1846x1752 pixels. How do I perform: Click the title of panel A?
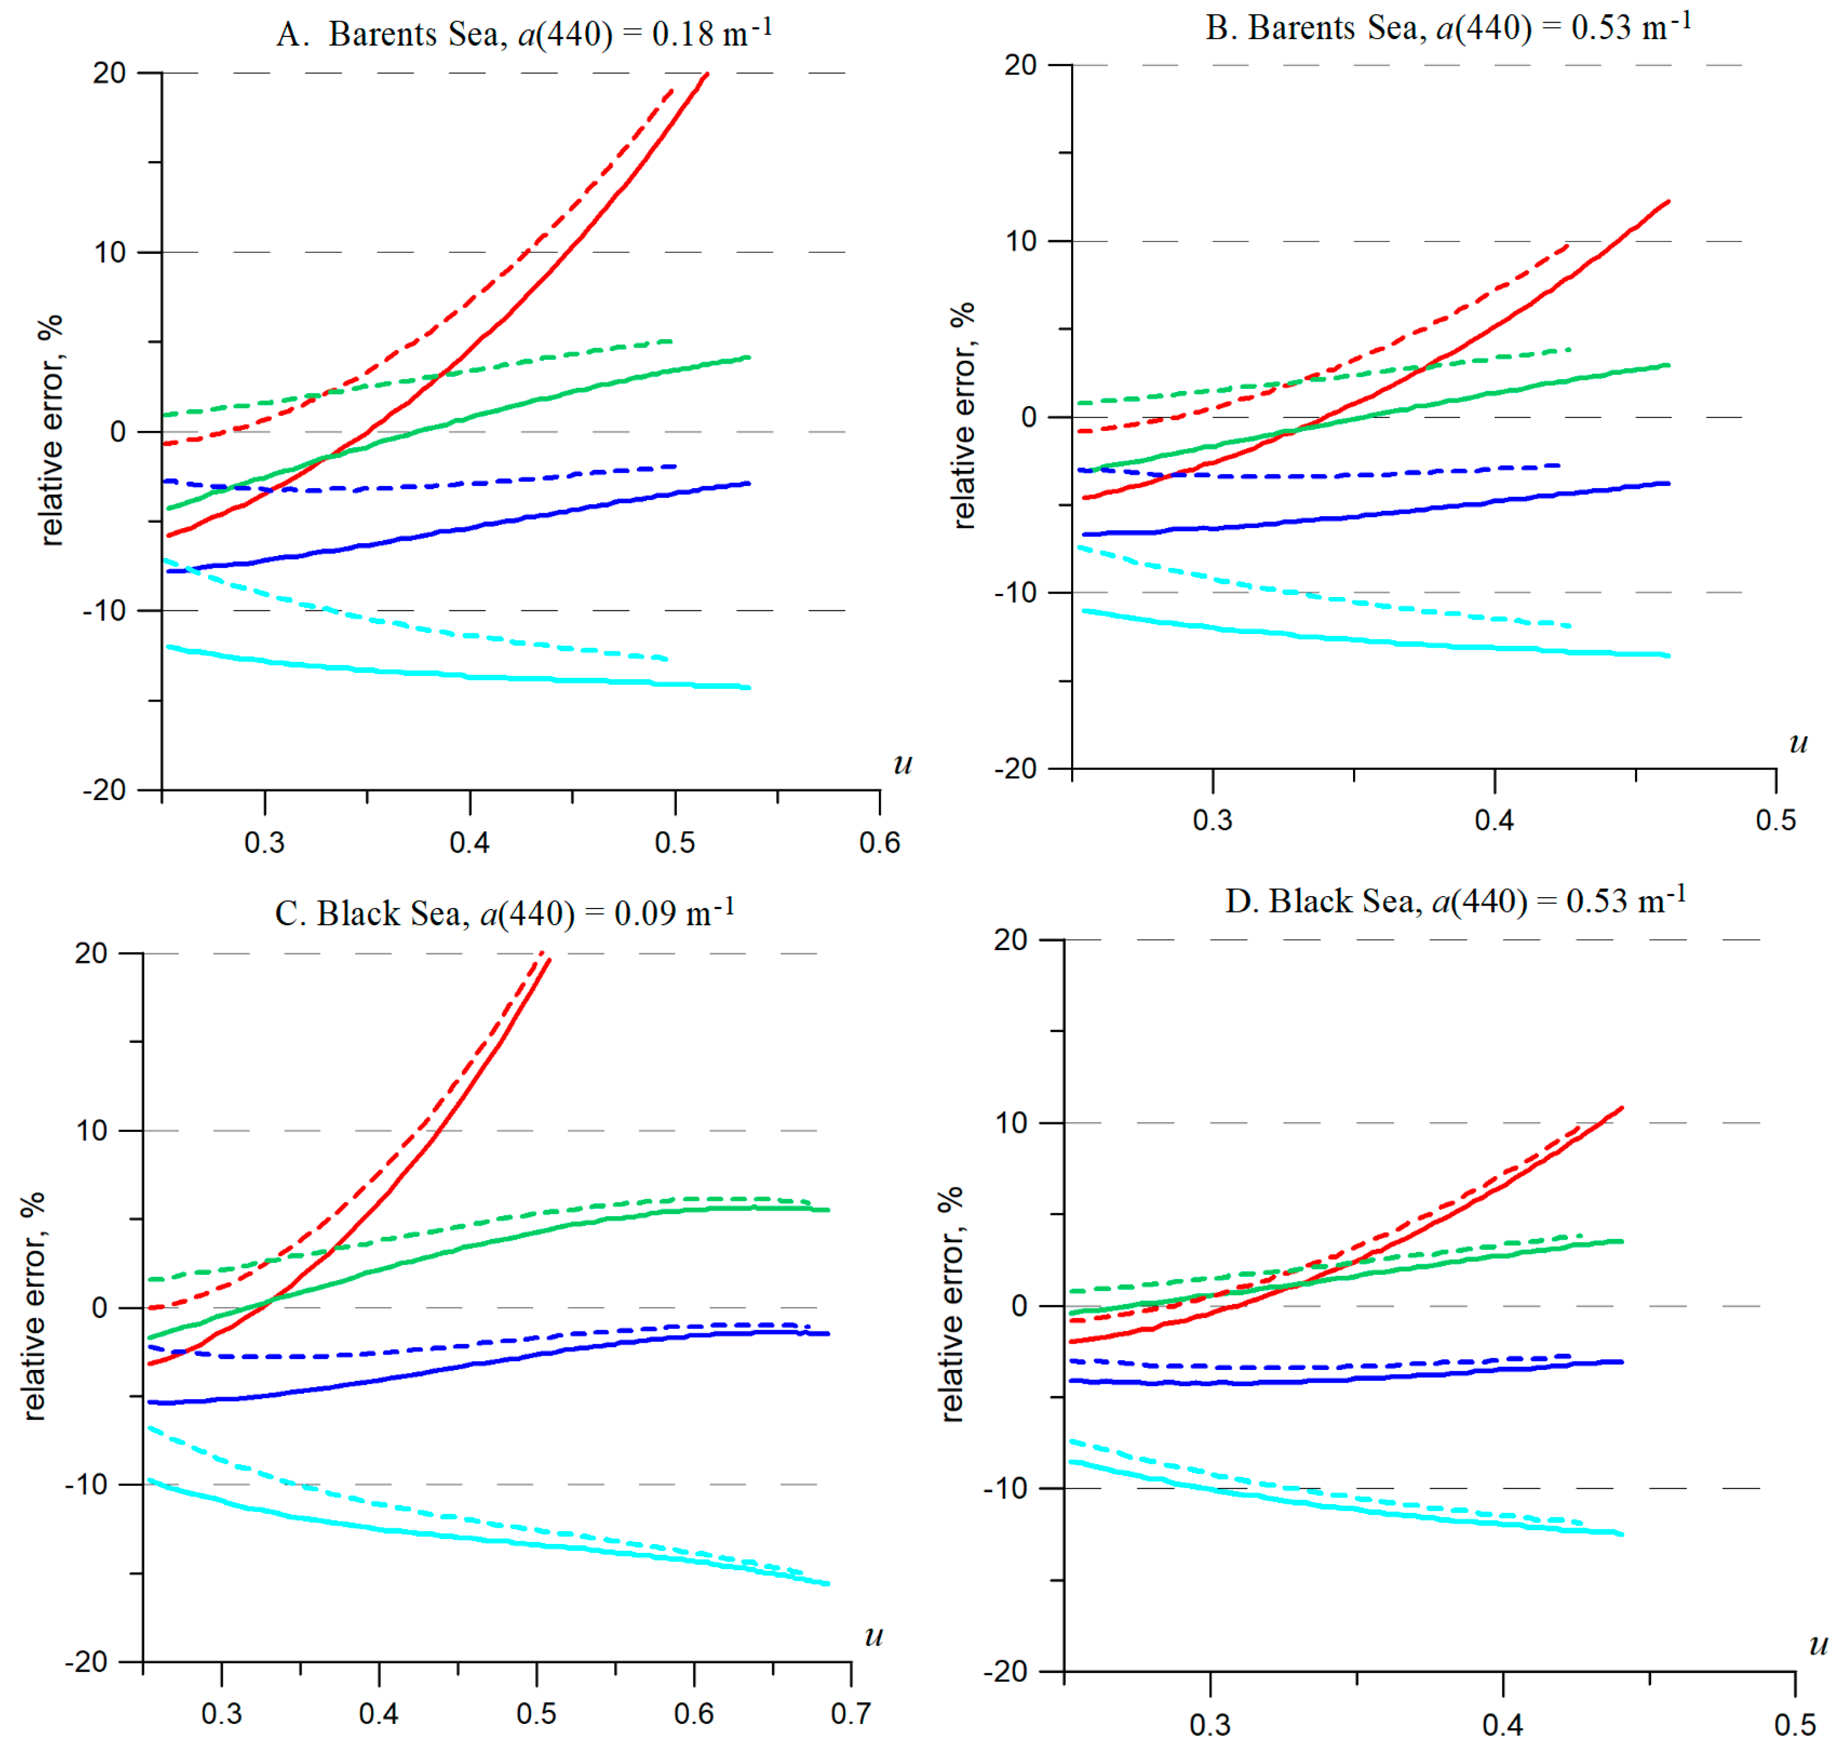524,34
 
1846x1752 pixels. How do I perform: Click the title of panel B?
1448,27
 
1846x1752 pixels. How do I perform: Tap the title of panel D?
1455,900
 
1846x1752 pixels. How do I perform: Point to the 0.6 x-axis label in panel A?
879,842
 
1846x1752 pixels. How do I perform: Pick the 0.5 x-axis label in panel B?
1775,820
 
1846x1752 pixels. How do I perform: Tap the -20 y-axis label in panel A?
104,790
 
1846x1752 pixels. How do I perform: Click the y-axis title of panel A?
51,429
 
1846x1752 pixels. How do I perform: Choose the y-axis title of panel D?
950,1305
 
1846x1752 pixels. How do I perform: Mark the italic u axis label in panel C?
873,1635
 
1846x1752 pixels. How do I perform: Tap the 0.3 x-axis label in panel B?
1213,820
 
